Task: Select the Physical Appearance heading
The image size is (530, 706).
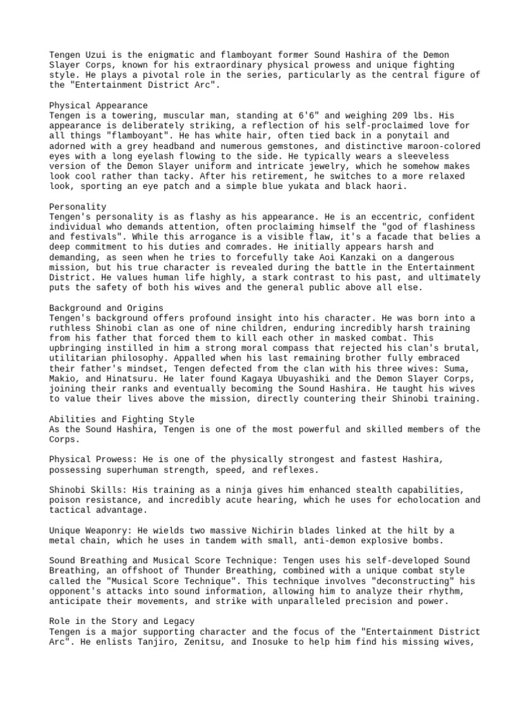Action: [99, 105]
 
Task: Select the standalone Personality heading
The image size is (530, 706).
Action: [78, 207]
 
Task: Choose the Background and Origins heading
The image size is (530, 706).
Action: [104, 307]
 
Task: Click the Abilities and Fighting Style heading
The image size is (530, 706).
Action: [121, 419]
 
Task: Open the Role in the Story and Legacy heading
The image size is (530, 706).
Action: [121, 621]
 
